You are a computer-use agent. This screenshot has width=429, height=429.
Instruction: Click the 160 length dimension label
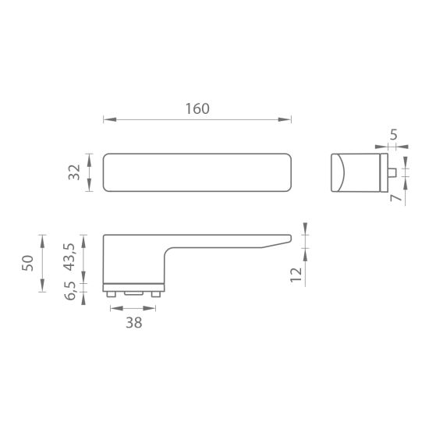point(197,108)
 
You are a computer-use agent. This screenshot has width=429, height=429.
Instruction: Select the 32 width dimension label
point(74,172)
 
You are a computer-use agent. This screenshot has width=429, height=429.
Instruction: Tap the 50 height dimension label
point(27,263)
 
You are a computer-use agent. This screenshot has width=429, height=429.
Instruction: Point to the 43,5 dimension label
point(69,257)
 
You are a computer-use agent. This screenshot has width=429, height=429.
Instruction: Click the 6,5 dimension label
point(69,291)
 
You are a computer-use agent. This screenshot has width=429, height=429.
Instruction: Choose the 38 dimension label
point(134,323)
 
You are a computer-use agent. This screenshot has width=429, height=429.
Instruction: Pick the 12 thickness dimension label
point(296,275)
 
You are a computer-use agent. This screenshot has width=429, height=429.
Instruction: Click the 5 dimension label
point(393,135)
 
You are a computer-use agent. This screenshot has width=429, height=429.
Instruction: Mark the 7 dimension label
point(395,198)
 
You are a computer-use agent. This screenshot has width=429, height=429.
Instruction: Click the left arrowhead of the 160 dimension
point(110,119)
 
